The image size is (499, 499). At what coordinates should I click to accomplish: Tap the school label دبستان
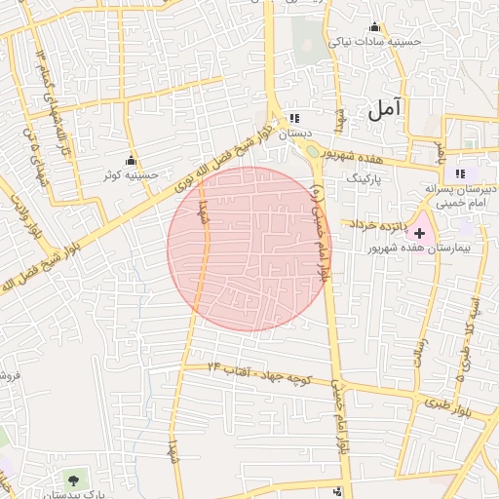click(x=295, y=134)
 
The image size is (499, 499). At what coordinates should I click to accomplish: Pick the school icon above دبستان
click(x=295, y=119)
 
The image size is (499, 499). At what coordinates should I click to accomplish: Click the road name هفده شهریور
click(x=374, y=159)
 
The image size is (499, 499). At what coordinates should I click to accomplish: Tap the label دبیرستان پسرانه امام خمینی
click(x=464, y=194)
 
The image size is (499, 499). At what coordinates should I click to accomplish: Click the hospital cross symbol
click(x=420, y=233)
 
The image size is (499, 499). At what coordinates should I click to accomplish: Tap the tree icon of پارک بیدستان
click(x=74, y=480)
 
